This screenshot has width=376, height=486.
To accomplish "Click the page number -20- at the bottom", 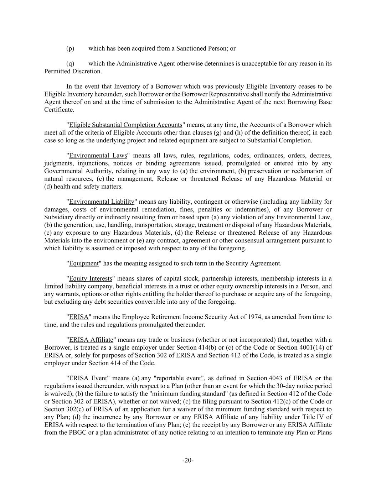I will pos(188,461).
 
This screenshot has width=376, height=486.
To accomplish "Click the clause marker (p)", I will pos(70,48).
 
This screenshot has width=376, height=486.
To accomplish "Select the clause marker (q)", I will pos(70,64).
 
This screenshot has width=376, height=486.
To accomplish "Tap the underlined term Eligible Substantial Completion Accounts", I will pos(125,125).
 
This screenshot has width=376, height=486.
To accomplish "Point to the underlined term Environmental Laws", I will pos(98,156).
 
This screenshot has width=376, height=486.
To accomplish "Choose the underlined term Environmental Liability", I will pos(102,202).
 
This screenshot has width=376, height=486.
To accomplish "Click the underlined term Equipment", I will pos(84,263).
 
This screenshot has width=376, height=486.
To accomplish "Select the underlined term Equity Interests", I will pos(91,279).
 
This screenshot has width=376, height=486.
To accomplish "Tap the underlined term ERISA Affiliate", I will pos(91,340).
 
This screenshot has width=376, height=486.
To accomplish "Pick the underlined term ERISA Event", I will pos(88,378).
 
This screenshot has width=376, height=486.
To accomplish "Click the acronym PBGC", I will pos(77,433).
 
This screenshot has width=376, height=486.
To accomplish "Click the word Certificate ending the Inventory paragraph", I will pos(59,110).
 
